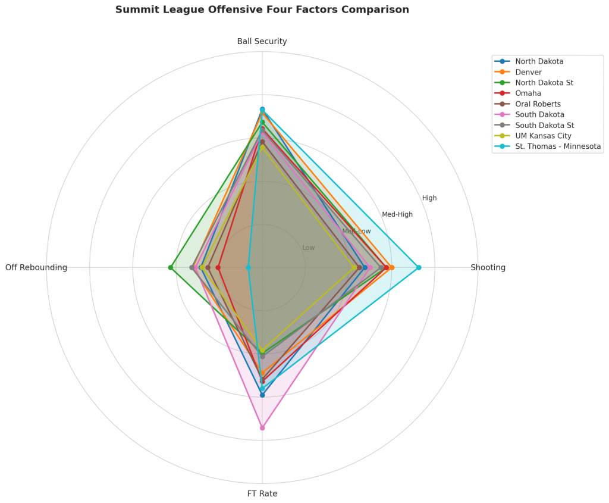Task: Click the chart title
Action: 262,10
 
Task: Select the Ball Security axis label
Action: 262,42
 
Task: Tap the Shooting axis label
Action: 488,268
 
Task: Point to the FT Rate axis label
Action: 262,493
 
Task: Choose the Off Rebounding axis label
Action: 36,268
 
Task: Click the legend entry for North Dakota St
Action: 544,83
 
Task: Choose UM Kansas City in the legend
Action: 543,136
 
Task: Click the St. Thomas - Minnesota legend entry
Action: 558,146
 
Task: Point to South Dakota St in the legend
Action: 544,125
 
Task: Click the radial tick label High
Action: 429,198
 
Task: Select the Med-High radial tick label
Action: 397,215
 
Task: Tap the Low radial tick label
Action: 309,248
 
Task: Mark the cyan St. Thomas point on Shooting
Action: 419,268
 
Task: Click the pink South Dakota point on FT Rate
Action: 262,428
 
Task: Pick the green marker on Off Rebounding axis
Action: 171,268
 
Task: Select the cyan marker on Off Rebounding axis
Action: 249,268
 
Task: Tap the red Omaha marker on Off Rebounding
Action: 218,268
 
